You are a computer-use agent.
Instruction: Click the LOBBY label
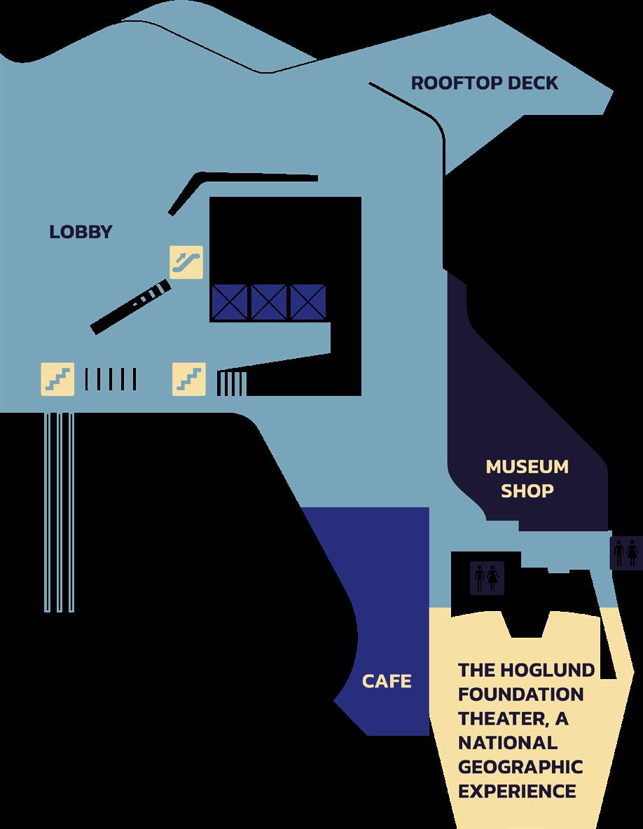pyautogui.click(x=81, y=232)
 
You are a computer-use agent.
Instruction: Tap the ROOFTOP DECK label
pyautogui.click(x=484, y=83)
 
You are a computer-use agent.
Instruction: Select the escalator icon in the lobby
pyautogui.click(x=187, y=262)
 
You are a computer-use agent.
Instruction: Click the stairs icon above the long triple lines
pyautogui.click(x=57, y=378)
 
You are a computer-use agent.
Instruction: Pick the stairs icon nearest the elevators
pyautogui.click(x=189, y=378)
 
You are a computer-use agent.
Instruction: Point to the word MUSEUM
pyautogui.click(x=527, y=467)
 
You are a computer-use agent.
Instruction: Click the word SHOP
pyautogui.click(x=527, y=491)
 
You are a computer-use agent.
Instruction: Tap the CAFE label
pyautogui.click(x=386, y=681)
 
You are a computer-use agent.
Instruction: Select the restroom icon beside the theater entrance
pyautogui.click(x=486, y=578)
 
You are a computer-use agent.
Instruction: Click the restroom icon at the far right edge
pyautogui.click(x=625, y=552)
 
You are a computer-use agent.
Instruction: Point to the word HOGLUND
pyautogui.click(x=550, y=670)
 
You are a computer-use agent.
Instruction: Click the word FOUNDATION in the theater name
pyautogui.click(x=520, y=694)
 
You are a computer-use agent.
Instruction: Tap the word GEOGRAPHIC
pyautogui.click(x=520, y=767)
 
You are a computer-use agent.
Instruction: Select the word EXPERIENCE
pyautogui.click(x=517, y=792)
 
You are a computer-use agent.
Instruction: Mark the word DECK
pyautogui.click(x=533, y=83)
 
